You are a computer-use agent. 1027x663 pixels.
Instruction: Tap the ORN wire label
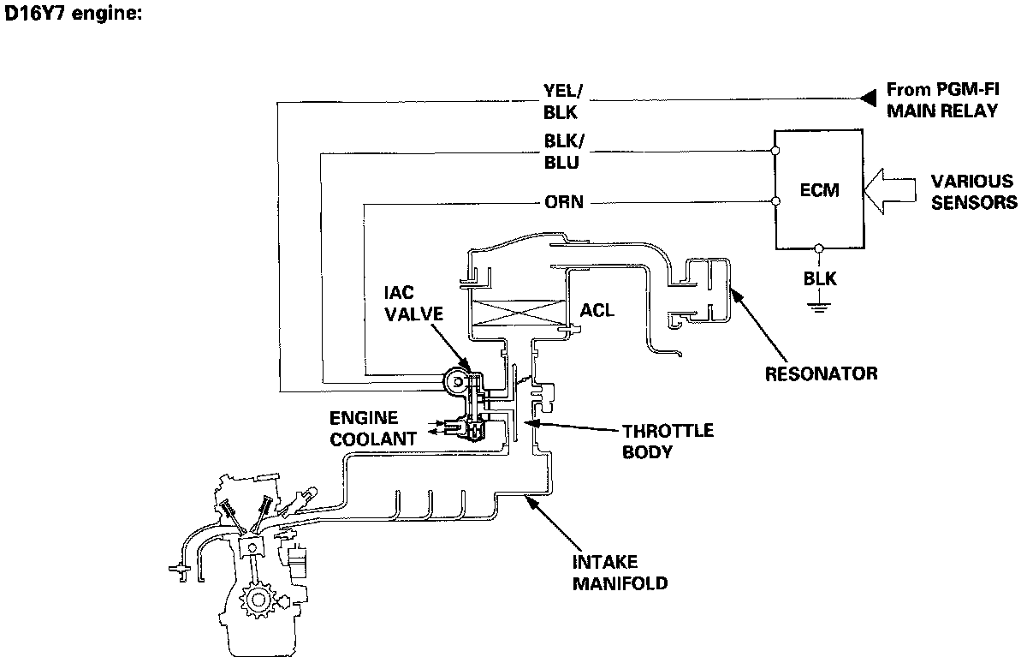(x=564, y=202)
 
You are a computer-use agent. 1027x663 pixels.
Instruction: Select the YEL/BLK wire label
(x=562, y=102)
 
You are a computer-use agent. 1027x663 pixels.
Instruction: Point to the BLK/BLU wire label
(x=564, y=152)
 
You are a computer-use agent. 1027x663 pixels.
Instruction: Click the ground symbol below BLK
(x=819, y=307)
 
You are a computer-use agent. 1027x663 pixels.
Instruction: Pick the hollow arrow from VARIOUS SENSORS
(x=889, y=191)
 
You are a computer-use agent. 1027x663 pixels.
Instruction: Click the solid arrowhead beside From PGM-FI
(x=868, y=98)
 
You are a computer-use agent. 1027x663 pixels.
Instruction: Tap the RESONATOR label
(x=821, y=374)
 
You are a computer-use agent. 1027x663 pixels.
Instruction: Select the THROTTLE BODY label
(x=668, y=441)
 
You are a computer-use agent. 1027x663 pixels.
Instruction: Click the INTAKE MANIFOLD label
(x=620, y=572)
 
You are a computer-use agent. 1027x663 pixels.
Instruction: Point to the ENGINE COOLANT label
(x=373, y=428)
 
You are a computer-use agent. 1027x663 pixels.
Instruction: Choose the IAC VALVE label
(x=413, y=303)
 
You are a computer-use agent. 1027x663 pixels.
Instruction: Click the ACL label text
(x=597, y=311)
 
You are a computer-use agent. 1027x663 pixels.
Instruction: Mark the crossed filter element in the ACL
(x=518, y=313)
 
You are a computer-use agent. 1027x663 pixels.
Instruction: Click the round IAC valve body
(x=457, y=382)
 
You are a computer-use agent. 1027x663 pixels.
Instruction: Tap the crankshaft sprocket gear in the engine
(x=258, y=600)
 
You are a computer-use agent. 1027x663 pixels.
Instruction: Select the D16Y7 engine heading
(x=74, y=14)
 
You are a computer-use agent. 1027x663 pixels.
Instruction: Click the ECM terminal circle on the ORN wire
(x=775, y=201)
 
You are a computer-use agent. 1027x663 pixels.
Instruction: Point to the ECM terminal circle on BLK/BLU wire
(x=775, y=151)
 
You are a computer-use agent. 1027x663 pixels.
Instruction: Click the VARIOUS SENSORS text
(x=974, y=192)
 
